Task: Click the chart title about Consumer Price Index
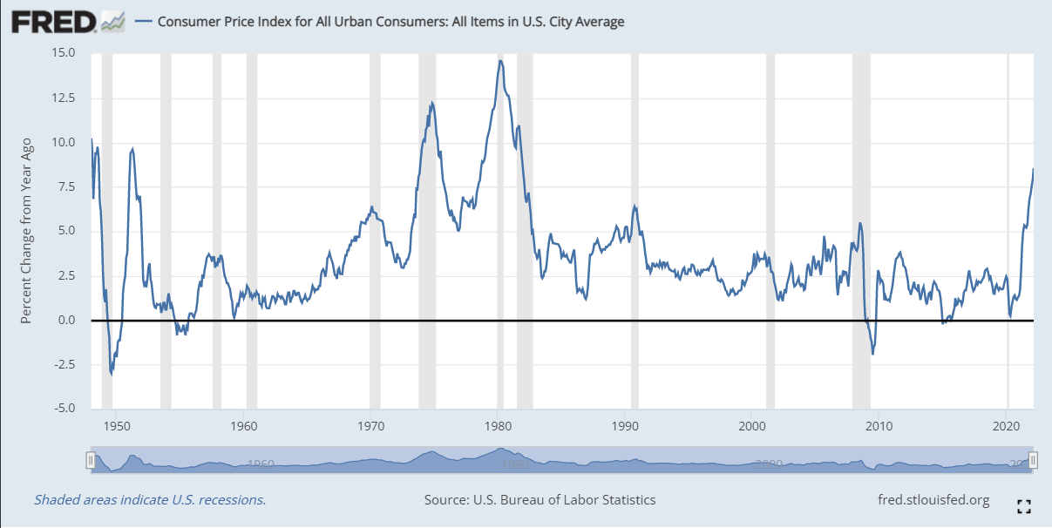pyautogui.click(x=390, y=22)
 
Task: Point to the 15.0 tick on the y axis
pyautogui.click(x=64, y=53)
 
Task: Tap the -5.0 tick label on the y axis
pyautogui.click(x=64, y=409)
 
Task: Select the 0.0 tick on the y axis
pyautogui.click(x=67, y=320)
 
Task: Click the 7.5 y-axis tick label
pyautogui.click(x=67, y=186)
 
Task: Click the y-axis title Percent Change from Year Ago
pyautogui.click(x=27, y=231)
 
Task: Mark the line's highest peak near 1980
pyautogui.click(x=500, y=61)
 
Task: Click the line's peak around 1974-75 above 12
pyautogui.click(x=431, y=103)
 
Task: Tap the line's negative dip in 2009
pyautogui.click(x=872, y=354)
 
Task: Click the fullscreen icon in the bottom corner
pyautogui.click(x=1025, y=506)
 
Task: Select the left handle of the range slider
pyautogui.click(x=90, y=459)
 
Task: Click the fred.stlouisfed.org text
pyautogui.click(x=935, y=500)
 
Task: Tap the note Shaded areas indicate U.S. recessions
pyautogui.click(x=150, y=500)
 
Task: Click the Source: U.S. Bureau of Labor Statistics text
pyautogui.click(x=540, y=500)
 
